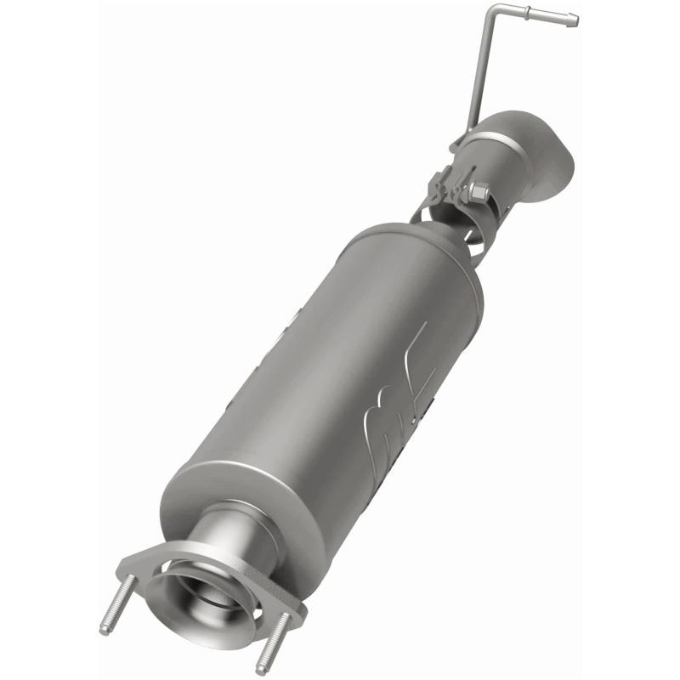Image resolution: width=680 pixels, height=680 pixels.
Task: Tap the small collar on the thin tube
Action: [x=530, y=12]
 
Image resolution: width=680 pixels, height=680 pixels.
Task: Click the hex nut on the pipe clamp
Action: [x=477, y=195]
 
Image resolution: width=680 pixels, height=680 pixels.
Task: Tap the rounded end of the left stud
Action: [x=105, y=630]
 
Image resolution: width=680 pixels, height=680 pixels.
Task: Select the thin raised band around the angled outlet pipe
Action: [x=501, y=140]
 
